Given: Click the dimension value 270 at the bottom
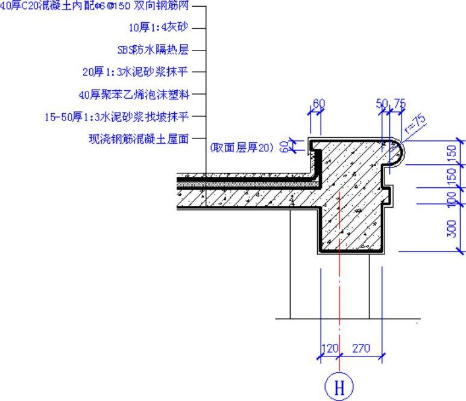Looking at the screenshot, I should point(359,348).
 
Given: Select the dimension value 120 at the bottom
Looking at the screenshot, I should point(329,348).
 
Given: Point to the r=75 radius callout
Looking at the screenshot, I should point(415,122).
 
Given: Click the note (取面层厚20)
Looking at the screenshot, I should point(241,147).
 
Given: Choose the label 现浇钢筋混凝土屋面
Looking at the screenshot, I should point(139,139).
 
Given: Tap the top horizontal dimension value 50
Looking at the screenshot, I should point(382,104).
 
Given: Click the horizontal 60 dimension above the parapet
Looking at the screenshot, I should point(318,104).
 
